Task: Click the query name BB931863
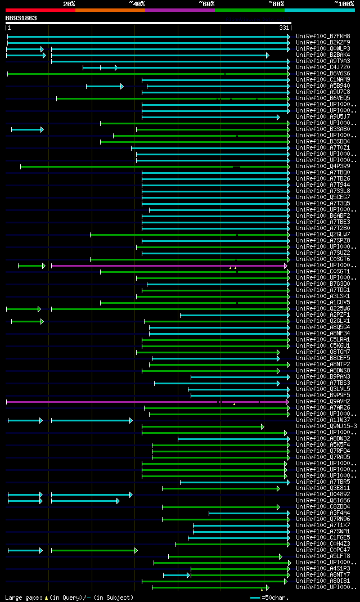click(21, 18)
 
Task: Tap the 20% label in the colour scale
click(69, 4)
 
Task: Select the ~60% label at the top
click(206, 4)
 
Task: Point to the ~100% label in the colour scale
click(344, 4)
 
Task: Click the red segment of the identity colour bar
click(40, 10)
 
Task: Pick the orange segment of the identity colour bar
click(110, 10)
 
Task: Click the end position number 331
click(283, 28)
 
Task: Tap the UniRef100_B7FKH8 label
click(323, 37)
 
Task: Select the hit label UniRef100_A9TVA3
click(323, 61)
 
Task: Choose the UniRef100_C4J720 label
click(323, 68)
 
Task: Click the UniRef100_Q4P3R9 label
click(323, 167)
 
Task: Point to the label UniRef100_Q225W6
click(323, 309)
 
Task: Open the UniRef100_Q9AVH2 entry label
click(323, 402)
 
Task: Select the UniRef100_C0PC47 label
click(323, 550)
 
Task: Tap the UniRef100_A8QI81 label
click(323, 581)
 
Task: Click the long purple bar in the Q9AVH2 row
click(112, 402)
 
